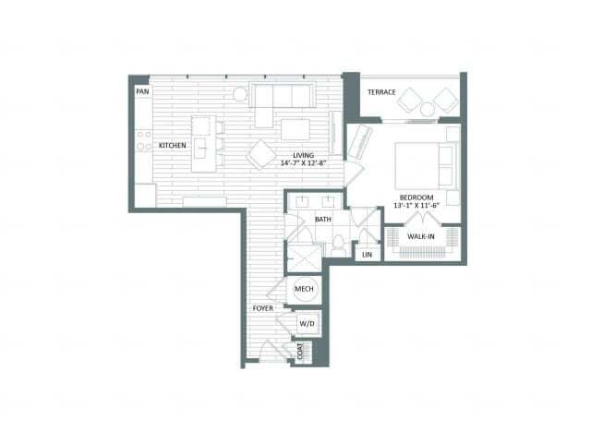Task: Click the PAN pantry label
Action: click(142, 91)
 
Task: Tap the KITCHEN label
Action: click(173, 146)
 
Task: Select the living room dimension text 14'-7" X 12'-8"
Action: click(303, 163)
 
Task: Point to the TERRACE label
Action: click(381, 92)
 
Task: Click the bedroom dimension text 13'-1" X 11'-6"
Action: click(416, 206)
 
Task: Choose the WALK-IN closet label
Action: click(421, 236)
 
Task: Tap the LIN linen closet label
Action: click(367, 255)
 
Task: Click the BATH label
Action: click(323, 220)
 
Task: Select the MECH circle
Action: click(304, 289)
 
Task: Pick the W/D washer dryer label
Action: click(307, 324)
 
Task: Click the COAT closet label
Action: click(300, 352)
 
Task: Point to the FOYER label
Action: click(262, 308)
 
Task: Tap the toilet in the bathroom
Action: click(338, 245)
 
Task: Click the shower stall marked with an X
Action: click(304, 258)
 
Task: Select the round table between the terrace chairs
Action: click(428, 109)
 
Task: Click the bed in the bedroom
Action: click(426, 166)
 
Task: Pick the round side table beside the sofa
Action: click(240, 94)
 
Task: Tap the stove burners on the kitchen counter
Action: click(144, 140)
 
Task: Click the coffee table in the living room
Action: click(295, 129)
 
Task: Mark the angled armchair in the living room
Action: click(261, 154)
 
